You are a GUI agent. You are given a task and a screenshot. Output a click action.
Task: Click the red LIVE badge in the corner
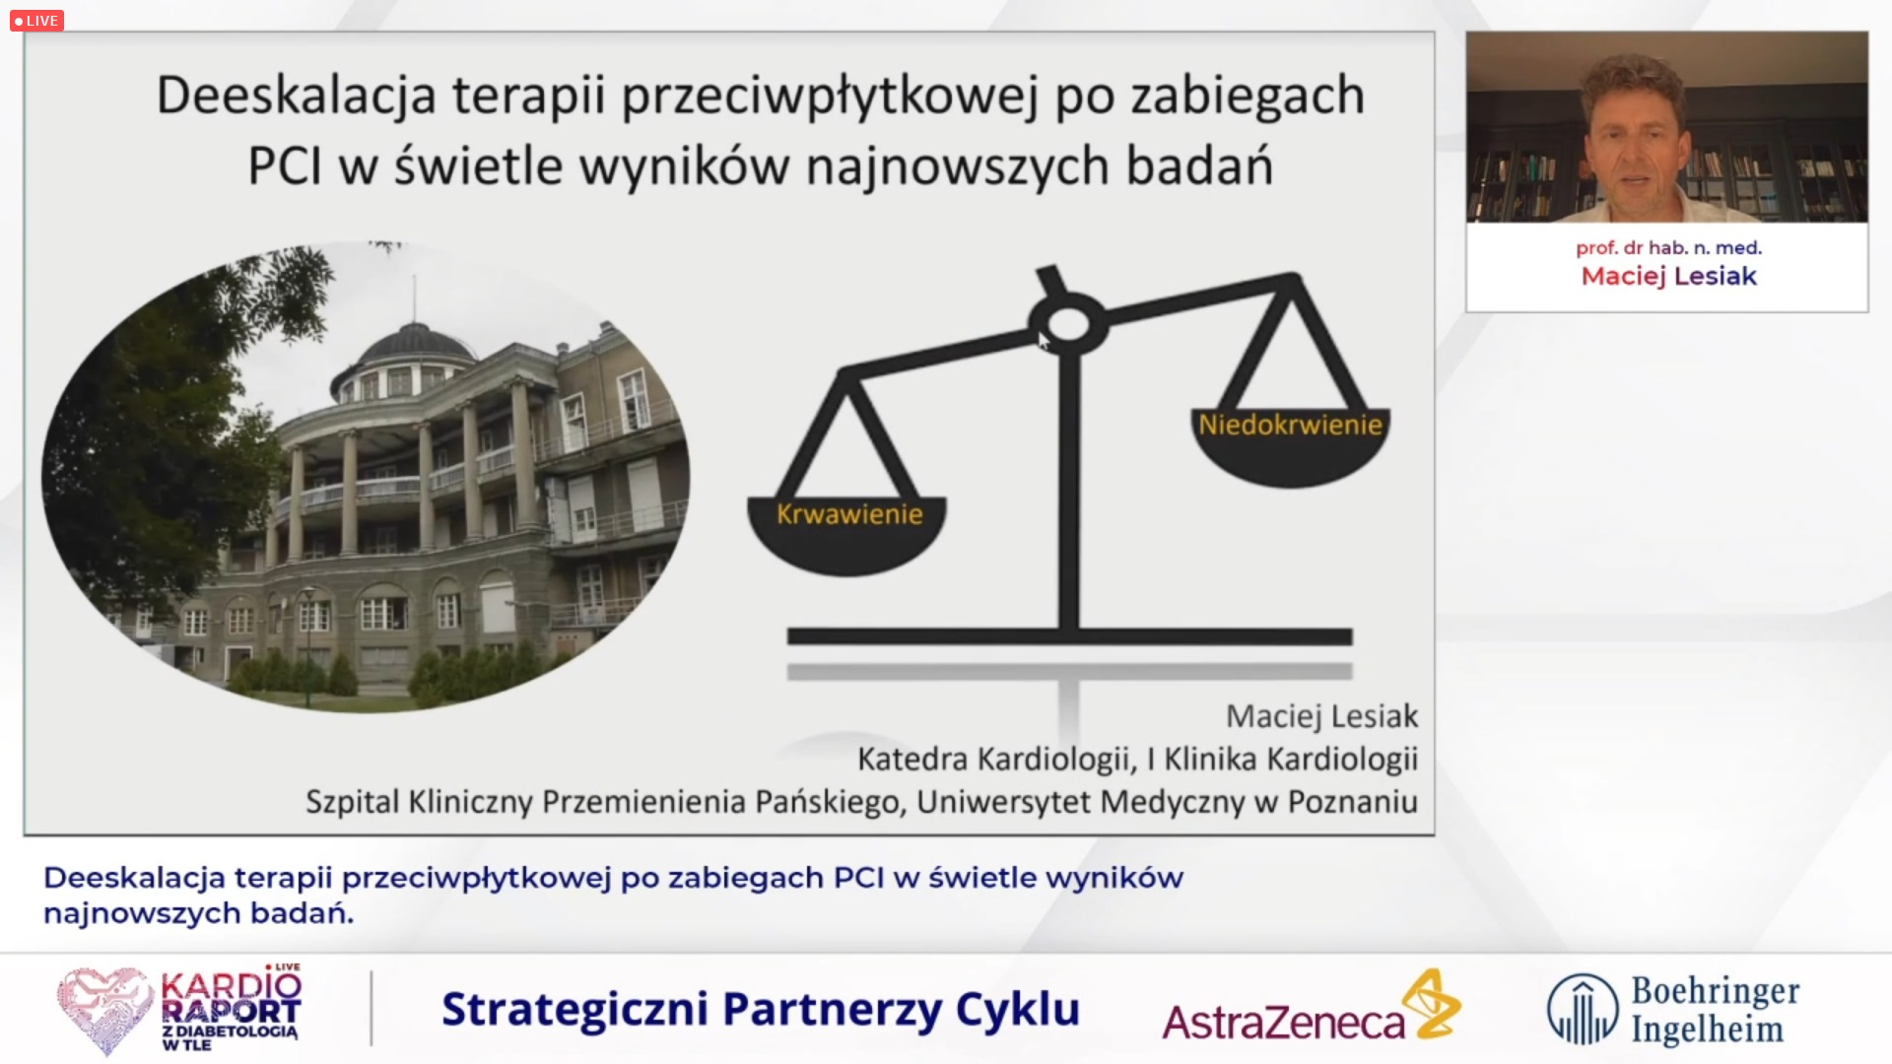[x=36, y=21]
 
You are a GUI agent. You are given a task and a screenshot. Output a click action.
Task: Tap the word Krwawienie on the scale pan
[x=849, y=514]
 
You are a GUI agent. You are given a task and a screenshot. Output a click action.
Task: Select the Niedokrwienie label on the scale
[x=1290, y=425]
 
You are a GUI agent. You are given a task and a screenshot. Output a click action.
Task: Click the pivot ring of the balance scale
[x=1068, y=323]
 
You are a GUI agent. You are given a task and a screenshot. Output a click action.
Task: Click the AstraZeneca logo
[x=1312, y=1007]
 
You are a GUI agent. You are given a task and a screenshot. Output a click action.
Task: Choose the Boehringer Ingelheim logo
[x=1673, y=1009]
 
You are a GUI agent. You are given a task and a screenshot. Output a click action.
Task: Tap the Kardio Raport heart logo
[x=179, y=1010]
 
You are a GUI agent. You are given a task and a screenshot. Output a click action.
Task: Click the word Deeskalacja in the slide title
[x=296, y=97]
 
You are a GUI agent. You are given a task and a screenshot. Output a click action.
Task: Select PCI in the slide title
[x=284, y=166]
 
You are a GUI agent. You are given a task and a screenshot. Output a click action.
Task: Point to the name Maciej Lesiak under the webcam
[x=1668, y=276]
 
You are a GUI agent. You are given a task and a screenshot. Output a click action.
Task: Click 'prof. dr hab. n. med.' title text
[x=1668, y=248]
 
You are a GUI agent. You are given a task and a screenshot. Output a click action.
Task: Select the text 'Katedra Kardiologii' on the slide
[x=994, y=760]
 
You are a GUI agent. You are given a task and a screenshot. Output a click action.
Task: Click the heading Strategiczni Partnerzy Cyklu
[x=761, y=1010]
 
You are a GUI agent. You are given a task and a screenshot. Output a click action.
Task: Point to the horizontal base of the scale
[x=1069, y=637]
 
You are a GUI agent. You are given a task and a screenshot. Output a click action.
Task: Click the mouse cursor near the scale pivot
[x=1045, y=340]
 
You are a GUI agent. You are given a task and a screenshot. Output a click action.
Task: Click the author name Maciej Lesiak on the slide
[x=1321, y=716]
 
